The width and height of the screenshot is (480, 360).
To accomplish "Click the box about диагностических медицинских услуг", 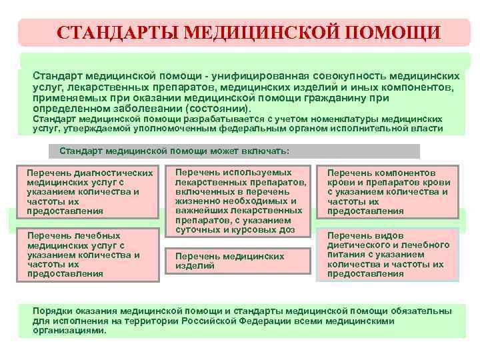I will point(89,192).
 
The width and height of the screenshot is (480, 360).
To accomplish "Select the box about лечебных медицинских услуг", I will point(89,254).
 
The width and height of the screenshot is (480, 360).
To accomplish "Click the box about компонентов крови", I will point(389,192).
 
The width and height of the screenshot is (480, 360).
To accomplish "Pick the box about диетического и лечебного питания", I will point(389,254).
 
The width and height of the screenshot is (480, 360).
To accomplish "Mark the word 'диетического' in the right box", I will point(357,245).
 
